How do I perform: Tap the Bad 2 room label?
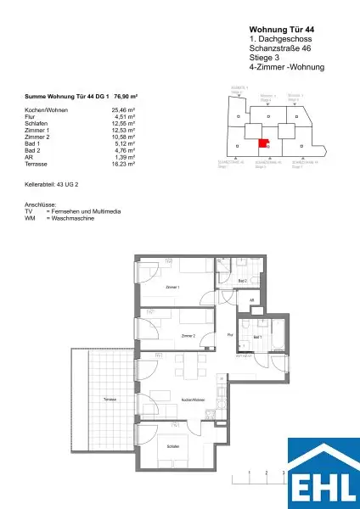[x=242, y=280]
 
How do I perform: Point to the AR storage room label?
[x=251, y=300]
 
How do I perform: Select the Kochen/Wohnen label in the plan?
[x=194, y=399]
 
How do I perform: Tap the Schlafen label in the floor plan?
[x=172, y=445]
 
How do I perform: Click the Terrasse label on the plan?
[x=110, y=399]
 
